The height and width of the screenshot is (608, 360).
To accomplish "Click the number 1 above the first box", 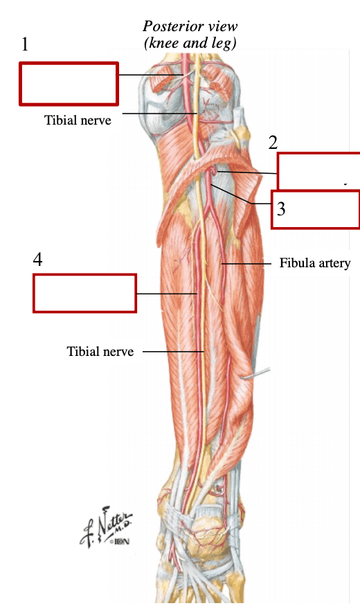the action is (x=25, y=44).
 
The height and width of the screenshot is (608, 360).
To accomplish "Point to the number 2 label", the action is (x=273, y=143).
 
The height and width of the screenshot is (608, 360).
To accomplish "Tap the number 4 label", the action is (x=37, y=259).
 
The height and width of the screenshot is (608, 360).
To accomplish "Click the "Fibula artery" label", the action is (x=315, y=263).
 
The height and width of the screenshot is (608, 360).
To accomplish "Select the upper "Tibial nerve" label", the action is (x=78, y=120).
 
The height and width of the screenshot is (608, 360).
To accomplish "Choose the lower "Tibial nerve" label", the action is (x=100, y=351).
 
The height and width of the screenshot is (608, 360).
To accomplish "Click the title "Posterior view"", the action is (x=190, y=26).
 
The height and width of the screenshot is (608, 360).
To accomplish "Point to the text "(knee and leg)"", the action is (x=190, y=43).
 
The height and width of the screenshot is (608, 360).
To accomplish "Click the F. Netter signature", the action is (x=106, y=526).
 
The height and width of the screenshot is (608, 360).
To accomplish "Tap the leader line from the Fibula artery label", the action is (x=246, y=264).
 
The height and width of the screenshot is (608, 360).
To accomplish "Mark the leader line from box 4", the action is (x=167, y=294).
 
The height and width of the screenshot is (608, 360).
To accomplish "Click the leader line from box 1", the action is (x=151, y=75).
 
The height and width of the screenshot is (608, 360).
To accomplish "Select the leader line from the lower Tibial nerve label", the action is (x=173, y=352).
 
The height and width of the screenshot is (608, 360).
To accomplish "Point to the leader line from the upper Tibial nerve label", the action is (x=160, y=114).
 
